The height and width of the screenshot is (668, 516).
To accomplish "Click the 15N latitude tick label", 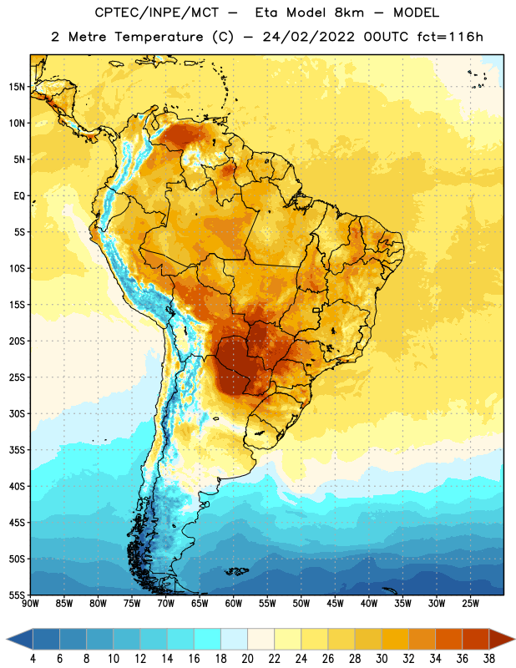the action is pos(17,87).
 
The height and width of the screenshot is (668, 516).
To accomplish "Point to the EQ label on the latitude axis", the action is pos(19,196).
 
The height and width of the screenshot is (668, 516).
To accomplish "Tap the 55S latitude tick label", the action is pos(17,595).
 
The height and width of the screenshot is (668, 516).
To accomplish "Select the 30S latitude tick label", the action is pos(17,413).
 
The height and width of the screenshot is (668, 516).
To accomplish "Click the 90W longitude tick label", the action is pos(30,604).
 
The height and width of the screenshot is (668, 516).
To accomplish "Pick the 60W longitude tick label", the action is pos(234,604).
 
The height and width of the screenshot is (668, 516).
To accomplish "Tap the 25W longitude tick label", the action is pos(470,604).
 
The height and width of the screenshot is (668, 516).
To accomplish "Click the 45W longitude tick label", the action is pos(335,604).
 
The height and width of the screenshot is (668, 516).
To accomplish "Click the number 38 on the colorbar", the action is pos(489,659).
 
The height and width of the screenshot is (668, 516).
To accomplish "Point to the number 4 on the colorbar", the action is pos(33,659).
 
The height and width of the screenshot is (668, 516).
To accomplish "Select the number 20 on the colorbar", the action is pos(247,659).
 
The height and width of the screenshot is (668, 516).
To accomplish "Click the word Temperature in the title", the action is pos(159,37).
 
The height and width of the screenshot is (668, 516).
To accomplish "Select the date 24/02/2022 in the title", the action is pos(308,37).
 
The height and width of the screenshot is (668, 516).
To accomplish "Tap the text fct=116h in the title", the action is pos(450,37).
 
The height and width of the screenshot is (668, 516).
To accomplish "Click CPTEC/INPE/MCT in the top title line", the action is pos(156,13).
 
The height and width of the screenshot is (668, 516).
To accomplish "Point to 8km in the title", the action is pos(349,13).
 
